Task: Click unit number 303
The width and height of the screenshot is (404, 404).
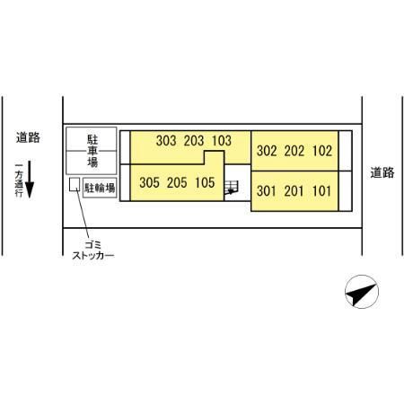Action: [x=166, y=141]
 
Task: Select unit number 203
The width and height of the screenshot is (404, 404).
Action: [x=194, y=141]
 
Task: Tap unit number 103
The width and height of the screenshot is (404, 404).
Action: [x=222, y=141]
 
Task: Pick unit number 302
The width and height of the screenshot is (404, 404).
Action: [x=267, y=151]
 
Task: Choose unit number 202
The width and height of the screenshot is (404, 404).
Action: [x=294, y=151]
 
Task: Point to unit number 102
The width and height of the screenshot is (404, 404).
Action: [x=322, y=151]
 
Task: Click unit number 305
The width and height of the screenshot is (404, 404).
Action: [x=149, y=182]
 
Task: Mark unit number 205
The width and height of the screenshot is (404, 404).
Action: [x=177, y=182]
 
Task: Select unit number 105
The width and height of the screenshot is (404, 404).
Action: [x=205, y=182]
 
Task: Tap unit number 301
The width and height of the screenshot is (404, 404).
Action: [x=267, y=191]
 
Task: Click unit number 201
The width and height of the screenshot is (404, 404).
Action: [x=294, y=191]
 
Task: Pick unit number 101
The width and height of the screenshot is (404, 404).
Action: [x=322, y=191]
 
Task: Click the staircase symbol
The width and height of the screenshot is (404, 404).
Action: [x=232, y=188]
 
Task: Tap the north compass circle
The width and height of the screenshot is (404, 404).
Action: [x=362, y=292]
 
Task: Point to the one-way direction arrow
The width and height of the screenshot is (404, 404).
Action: [x=30, y=180]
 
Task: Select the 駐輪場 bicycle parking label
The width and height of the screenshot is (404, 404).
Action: [x=100, y=188]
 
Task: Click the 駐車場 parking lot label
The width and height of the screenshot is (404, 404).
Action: [x=92, y=151]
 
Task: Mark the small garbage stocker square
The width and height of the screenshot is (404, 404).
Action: [x=75, y=184]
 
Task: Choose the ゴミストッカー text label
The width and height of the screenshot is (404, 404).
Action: [x=93, y=250]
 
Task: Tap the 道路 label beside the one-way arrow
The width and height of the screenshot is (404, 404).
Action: [x=28, y=137]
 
